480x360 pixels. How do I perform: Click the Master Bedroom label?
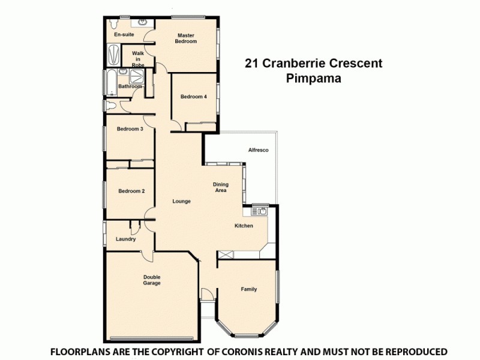(x=186, y=38)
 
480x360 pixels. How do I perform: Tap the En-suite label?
(x=124, y=35)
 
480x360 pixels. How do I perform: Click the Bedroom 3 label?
(x=130, y=128)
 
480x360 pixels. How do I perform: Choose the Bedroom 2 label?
(x=131, y=191)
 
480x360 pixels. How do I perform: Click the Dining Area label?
(x=221, y=187)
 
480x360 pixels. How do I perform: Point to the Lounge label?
(x=181, y=202)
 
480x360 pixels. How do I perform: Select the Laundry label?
(x=125, y=239)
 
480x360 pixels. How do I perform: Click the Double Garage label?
(x=152, y=280)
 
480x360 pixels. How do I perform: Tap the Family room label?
(x=249, y=289)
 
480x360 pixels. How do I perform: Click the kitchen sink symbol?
(x=261, y=211)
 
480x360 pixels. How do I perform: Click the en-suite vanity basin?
(x=143, y=22)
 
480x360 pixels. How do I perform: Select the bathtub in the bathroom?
(x=113, y=82)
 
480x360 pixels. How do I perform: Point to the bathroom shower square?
(x=137, y=76)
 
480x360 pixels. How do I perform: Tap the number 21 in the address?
(x=251, y=63)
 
